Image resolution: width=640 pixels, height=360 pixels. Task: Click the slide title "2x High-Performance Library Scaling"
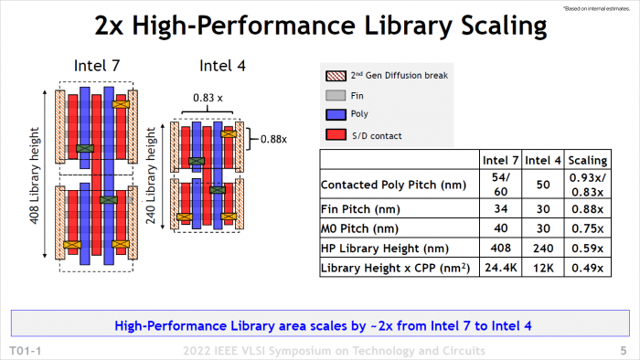[x=320, y=26]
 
